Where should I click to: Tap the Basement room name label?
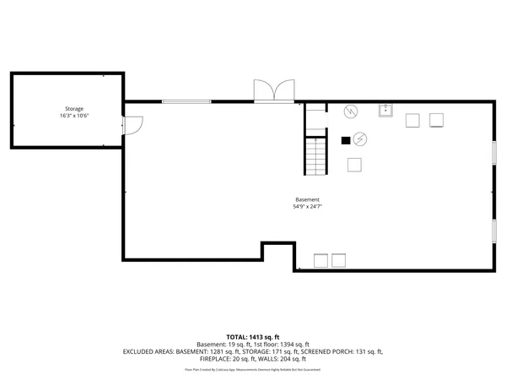click(307, 199)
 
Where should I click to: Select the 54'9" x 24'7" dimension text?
click(307, 207)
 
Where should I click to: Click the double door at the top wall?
click(275, 91)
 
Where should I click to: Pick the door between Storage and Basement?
click(134, 124)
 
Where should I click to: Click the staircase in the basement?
click(315, 155)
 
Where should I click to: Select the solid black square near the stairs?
click(344, 140)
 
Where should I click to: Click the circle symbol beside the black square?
click(360, 138)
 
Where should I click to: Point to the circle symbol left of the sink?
click(350, 111)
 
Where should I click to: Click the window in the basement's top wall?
click(186, 102)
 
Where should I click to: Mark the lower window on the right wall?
click(493, 231)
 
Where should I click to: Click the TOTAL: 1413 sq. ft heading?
click(253, 337)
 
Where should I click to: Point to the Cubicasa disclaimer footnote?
click(253, 369)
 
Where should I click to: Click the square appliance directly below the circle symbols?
click(354, 165)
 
